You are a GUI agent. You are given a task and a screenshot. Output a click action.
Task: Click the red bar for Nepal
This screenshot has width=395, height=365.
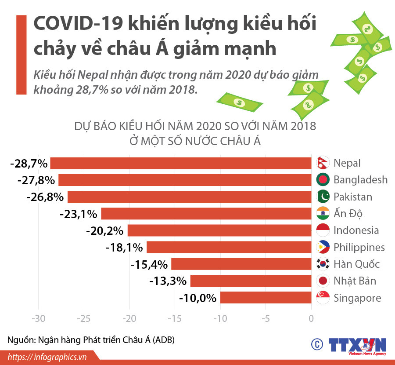pyautogui.click(x=181, y=163)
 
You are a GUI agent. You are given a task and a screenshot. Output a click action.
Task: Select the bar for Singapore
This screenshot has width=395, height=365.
pyautogui.click(x=266, y=298)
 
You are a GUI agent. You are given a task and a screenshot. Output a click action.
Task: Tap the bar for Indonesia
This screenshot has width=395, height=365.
pyautogui.click(x=219, y=230)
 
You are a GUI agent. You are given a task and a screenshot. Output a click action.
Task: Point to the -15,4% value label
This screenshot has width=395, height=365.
pyautogui.click(x=149, y=265)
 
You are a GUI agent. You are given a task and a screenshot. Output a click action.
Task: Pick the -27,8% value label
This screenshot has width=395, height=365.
pyautogui.click(x=36, y=180)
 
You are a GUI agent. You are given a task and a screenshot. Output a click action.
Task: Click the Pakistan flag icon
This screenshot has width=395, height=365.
pyautogui.click(x=323, y=197)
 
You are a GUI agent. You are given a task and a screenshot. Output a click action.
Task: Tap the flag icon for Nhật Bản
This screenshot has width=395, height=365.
pyautogui.click(x=323, y=281)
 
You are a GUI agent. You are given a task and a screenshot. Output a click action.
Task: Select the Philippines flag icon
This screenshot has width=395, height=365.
pyautogui.click(x=323, y=248)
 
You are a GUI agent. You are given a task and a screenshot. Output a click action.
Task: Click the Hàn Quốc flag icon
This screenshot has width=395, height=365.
pyautogui.click(x=323, y=264)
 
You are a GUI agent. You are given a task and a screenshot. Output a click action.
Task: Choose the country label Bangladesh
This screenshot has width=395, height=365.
pyautogui.click(x=360, y=180)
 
